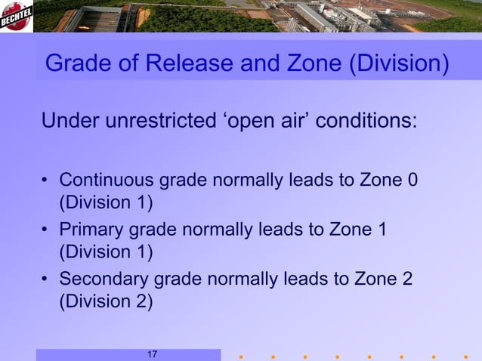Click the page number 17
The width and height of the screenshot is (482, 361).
(152, 355)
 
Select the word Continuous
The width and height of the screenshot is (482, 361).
(107, 180)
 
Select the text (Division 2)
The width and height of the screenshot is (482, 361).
(106, 301)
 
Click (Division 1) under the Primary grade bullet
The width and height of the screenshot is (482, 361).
(106, 251)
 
